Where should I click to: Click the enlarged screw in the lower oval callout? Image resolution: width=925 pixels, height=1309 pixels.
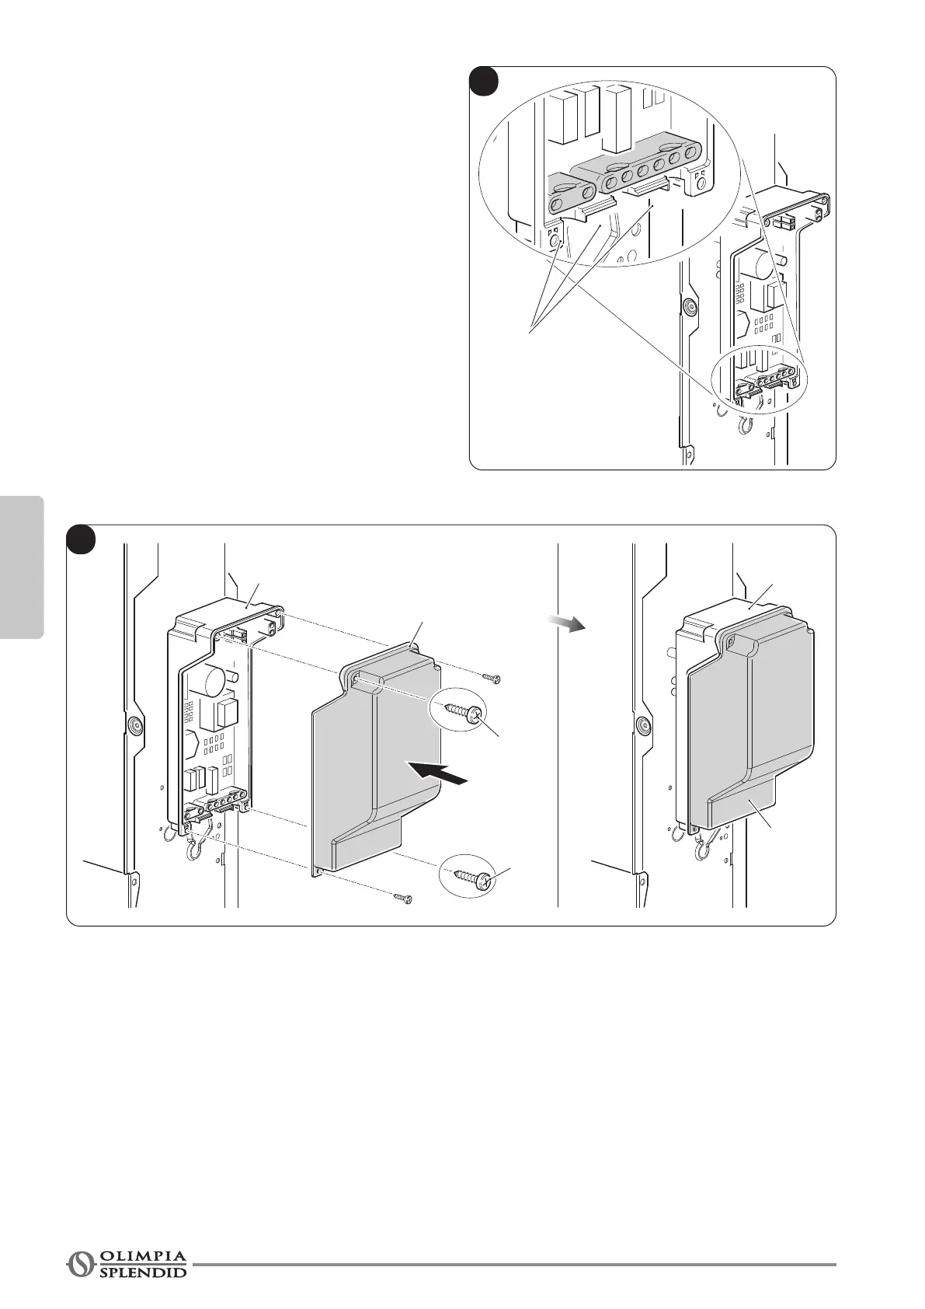point(466,878)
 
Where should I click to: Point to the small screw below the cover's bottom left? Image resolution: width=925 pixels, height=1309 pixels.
point(402,899)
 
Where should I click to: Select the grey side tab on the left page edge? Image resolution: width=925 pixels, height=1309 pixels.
point(22,567)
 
